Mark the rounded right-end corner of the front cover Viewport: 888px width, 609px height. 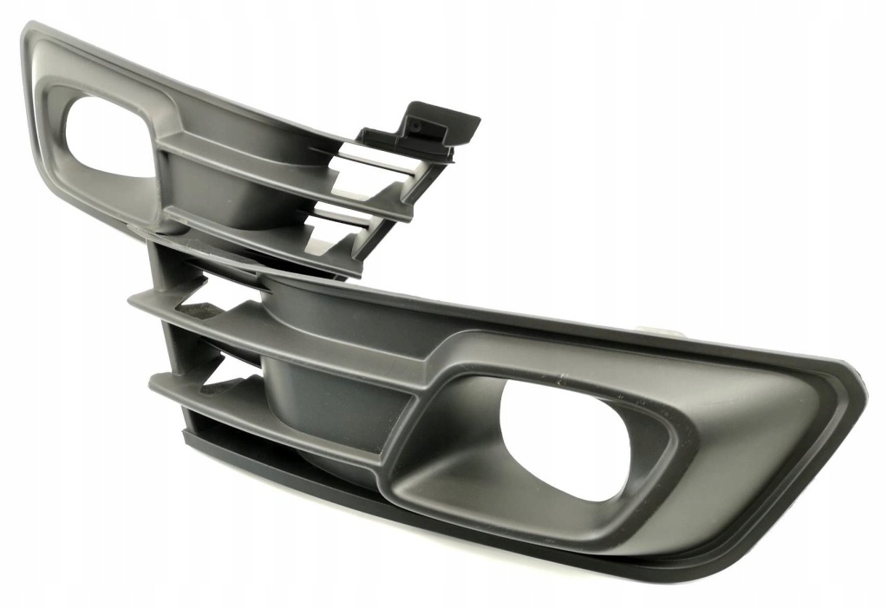[854, 382]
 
